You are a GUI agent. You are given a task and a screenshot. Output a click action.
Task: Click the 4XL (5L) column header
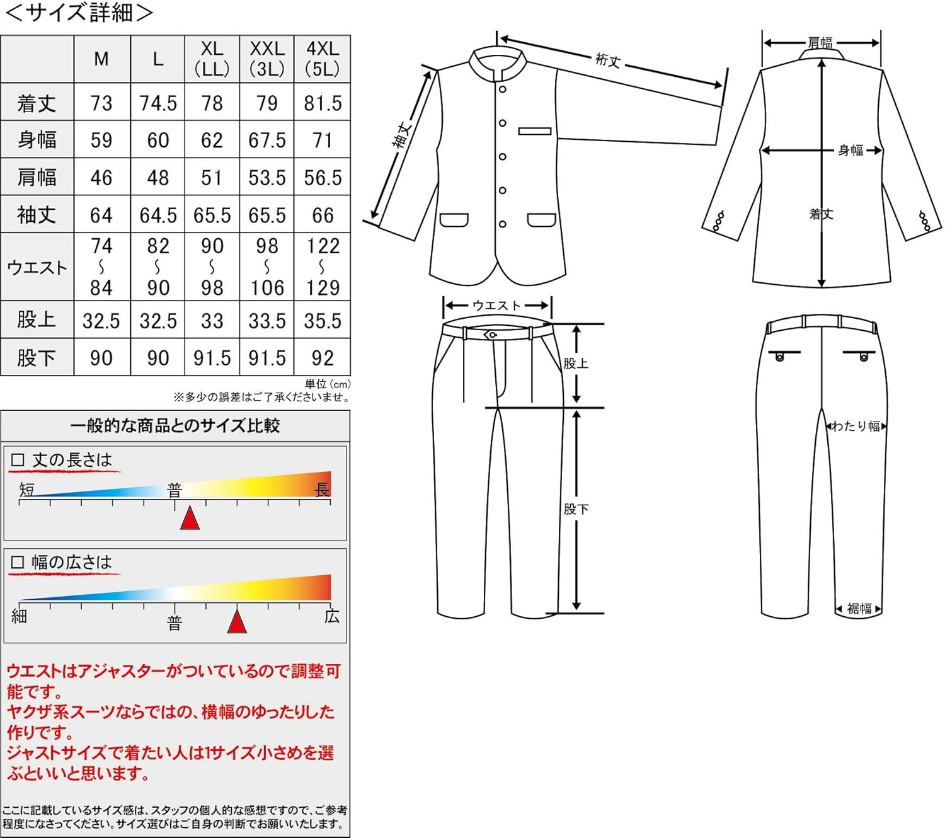[x=322, y=59]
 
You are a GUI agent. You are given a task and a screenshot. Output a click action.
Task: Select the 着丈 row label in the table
[x=37, y=103]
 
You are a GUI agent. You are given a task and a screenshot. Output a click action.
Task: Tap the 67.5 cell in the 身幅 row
[x=267, y=140]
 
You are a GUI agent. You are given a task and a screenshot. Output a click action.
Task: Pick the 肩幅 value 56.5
[x=323, y=178]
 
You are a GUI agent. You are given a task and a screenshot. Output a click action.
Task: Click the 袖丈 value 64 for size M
[x=101, y=215]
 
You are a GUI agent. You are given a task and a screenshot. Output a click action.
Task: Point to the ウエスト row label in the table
[x=37, y=267]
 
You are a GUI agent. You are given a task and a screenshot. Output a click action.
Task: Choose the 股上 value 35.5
[x=323, y=321]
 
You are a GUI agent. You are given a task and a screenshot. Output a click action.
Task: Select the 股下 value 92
[x=323, y=358]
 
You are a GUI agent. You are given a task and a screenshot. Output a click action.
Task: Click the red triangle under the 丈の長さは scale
[x=190, y=519]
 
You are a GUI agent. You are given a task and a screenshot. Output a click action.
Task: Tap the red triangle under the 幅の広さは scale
[x=237, y=621]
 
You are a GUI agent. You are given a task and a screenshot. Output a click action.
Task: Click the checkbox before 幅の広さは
[x=18, y=562]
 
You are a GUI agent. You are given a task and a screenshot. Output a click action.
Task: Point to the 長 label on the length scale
[x=322, y=490]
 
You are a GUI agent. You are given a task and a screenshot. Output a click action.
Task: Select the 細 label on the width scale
[x=20, y=616]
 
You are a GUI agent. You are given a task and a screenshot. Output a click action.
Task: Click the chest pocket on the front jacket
[x=535, y=131]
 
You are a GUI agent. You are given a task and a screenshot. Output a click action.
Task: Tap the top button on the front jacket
[x=503, y=89]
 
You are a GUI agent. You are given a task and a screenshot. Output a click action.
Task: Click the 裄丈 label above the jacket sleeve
[x=608, y=60]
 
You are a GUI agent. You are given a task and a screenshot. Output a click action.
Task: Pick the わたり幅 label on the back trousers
[x=856, y=426]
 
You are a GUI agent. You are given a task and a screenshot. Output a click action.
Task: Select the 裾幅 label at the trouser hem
[x=859, y=608]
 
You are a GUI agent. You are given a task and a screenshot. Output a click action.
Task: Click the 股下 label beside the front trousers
[x=576, y=509]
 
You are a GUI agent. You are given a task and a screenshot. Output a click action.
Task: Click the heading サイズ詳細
[x=79, y=13]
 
